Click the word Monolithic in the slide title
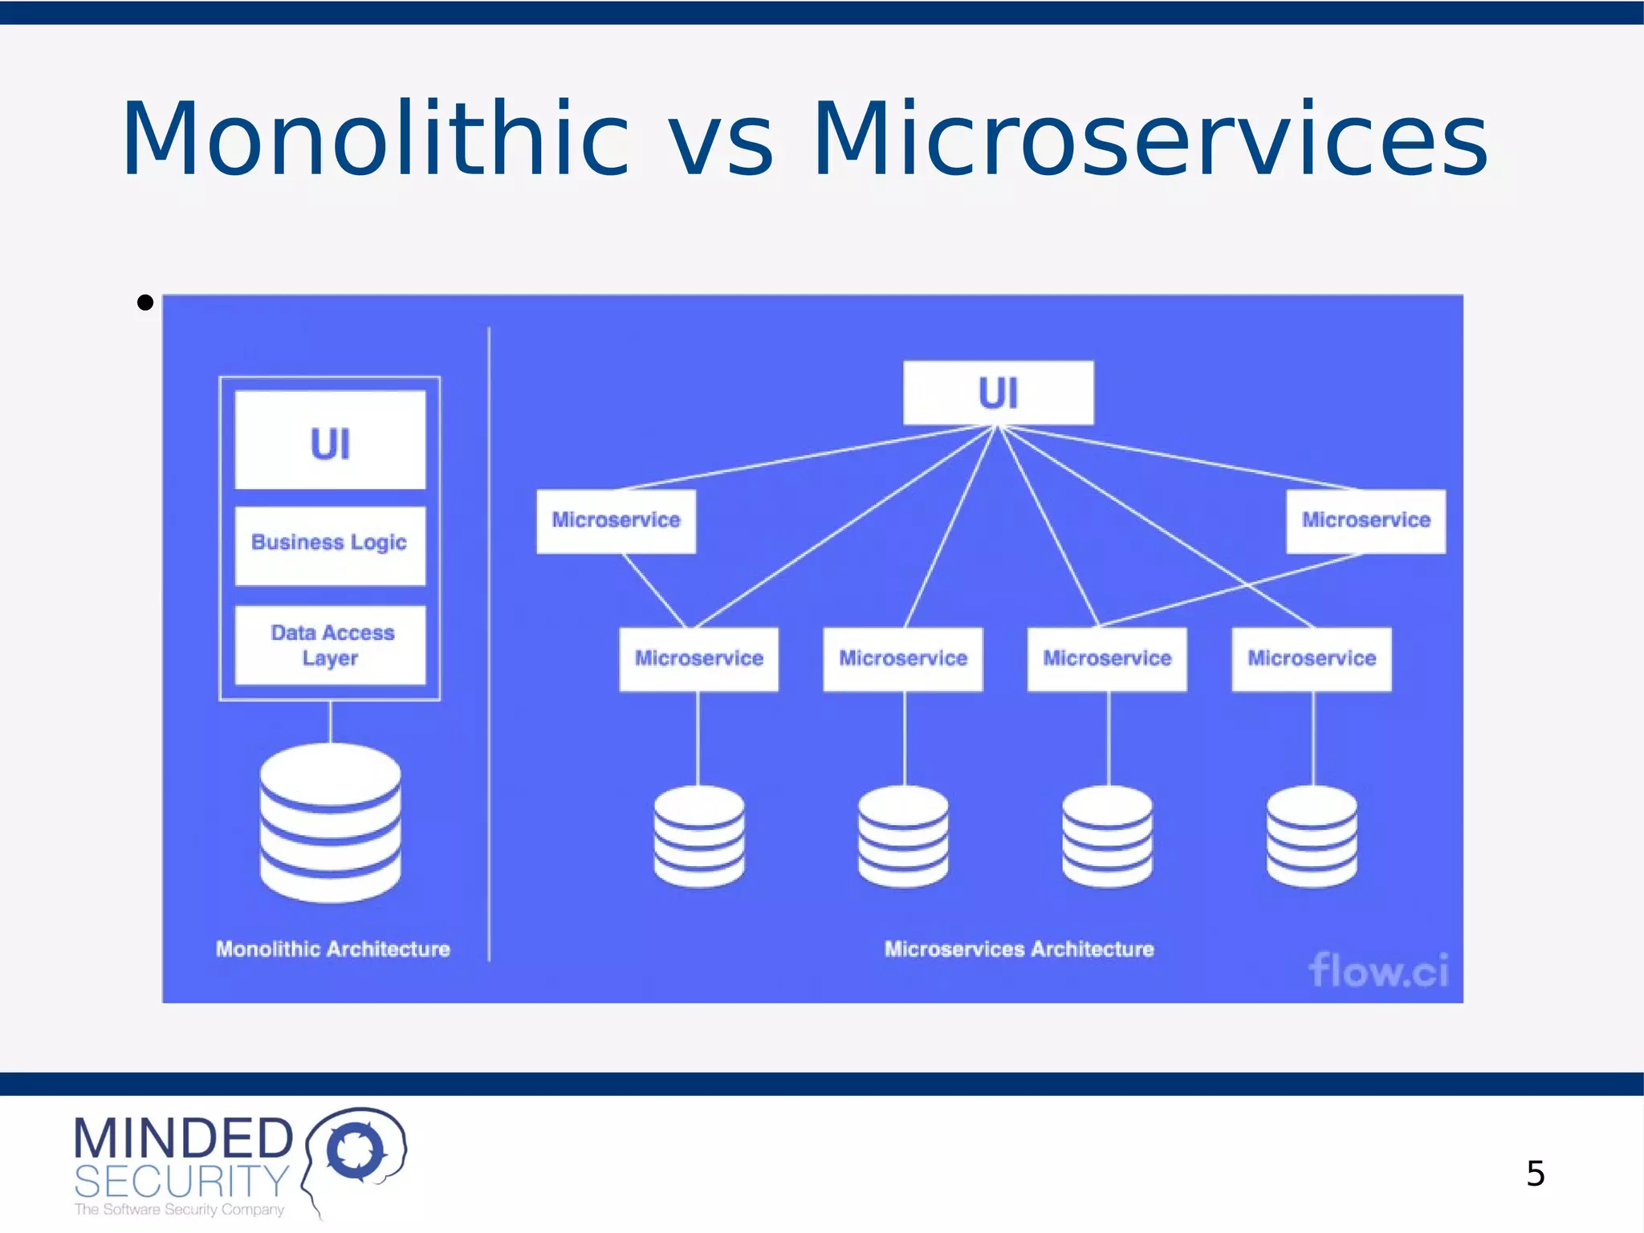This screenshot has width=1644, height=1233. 375,138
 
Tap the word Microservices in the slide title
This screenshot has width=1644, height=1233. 1150,138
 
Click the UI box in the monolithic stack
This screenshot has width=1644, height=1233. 330,441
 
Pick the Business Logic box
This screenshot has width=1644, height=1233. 330,545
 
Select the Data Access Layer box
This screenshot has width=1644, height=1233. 330,645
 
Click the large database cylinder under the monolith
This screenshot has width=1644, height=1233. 330,823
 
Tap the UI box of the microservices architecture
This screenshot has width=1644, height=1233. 998,393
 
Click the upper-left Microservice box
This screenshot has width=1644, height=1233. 616,521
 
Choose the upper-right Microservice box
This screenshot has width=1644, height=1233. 1365,521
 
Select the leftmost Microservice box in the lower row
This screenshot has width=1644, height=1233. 698,659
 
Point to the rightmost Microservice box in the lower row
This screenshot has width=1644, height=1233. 1312,659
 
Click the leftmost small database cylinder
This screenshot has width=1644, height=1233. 698,836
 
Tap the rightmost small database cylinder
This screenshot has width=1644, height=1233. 1312,836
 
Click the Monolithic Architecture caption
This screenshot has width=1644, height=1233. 332,950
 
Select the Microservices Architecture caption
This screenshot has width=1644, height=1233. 1019,950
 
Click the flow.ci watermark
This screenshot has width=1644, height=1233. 1378,971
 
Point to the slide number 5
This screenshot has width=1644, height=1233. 1535,1174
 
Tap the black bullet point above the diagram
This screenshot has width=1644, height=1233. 145,303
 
